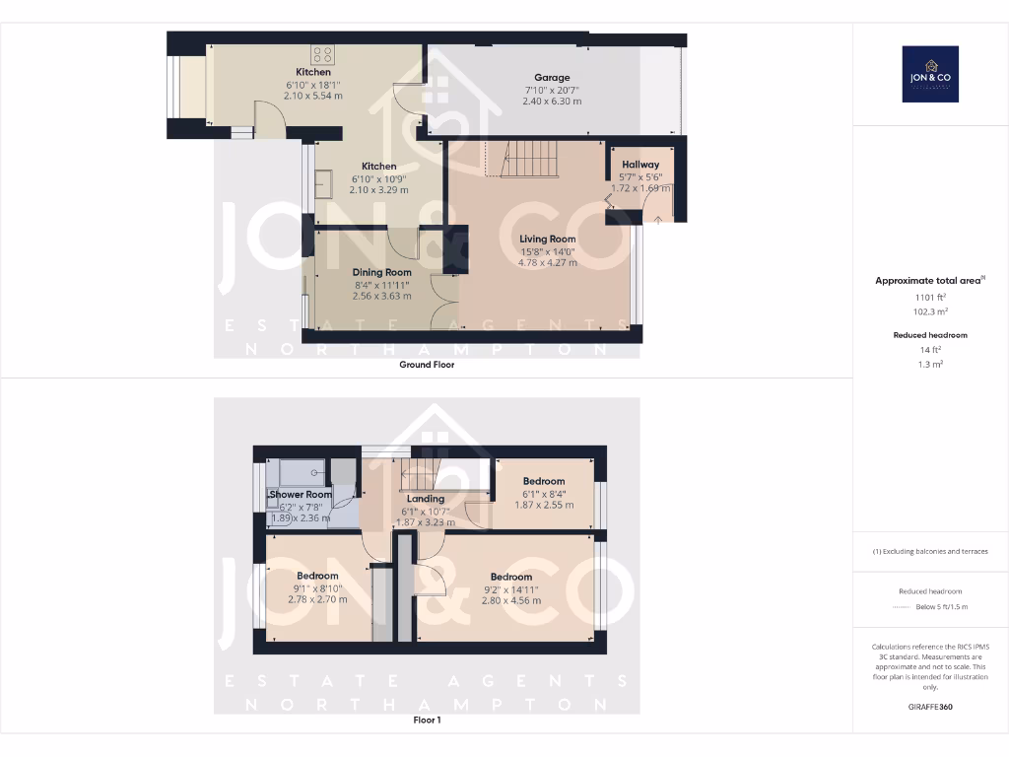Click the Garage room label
(x=552, y=78)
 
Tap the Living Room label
(x=548, y=239)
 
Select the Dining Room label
(x=382, y=272)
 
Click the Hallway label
(x=640, y=165)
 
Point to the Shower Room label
(x=301, y=494)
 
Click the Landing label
(x=426, y=499)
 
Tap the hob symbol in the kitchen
(x=321, y=54)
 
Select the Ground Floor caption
(x=427, y=364)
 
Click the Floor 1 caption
(x=427, y=721)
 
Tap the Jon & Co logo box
(x=930, y=74)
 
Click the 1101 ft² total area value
(x=930, y=296)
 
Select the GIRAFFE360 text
(x=930, y=707)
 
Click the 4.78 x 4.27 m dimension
(x=548, y=262)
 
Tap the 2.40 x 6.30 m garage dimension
(x=552, y=102)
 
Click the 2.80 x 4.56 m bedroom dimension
(x=511, y=600)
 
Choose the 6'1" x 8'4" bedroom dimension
(x=544, y=494)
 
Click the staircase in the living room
(x=529, y=159)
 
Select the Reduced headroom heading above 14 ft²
(x=930, y=335)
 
